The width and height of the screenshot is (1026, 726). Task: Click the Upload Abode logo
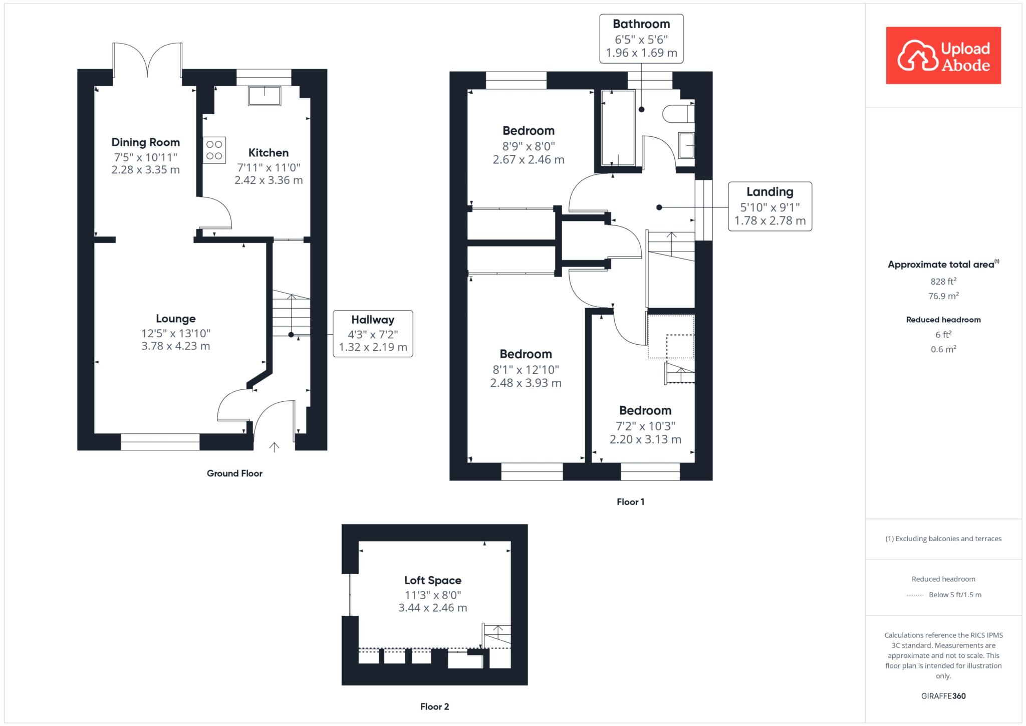943,55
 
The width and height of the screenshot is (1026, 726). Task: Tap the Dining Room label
145,143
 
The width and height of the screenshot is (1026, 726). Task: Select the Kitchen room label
269,153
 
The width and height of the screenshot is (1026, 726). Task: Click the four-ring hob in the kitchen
214,150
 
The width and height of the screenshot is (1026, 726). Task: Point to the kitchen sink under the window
265,96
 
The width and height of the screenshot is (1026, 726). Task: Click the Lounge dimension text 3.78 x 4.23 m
176,346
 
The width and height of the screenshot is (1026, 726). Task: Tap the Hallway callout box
373,334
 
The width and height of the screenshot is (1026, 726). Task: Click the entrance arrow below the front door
275,447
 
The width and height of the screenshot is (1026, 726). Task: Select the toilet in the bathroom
679,114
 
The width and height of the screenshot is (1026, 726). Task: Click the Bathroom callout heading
641,24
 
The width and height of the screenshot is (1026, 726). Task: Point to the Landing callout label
770,192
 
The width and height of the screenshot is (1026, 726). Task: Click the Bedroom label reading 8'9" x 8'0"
529,131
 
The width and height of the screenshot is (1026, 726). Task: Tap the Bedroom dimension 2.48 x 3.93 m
526,383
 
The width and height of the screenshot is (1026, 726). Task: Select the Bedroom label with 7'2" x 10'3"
645,411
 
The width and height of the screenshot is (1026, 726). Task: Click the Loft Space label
433,580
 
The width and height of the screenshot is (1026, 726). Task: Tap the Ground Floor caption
234,473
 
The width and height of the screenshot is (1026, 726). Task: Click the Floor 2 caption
434,707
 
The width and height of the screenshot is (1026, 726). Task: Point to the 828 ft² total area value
943,282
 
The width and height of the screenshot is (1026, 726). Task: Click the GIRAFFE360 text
943,696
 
